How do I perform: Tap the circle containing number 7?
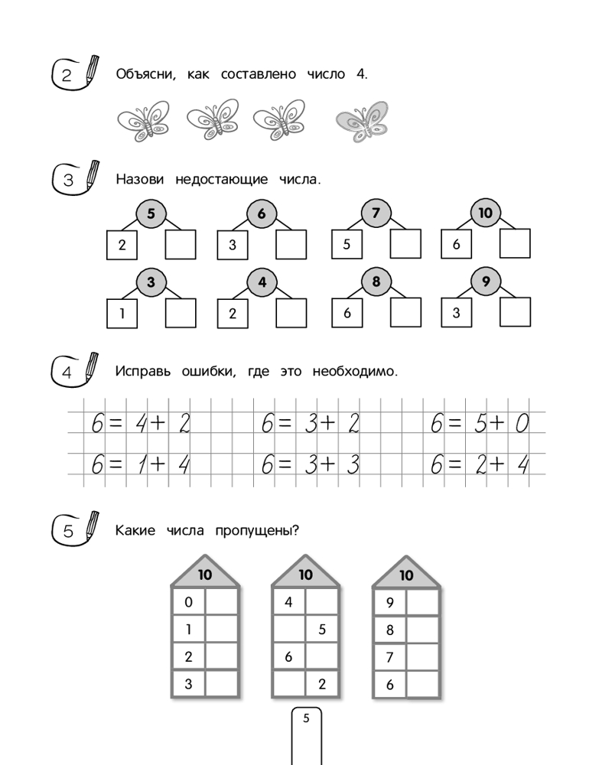click(x=376, y=213)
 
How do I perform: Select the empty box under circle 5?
click(x=181, y=245)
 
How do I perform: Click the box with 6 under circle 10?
click(x=456, y=245)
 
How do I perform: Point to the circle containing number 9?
click(x=486, y=282)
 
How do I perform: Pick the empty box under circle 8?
click(x=405, y=313)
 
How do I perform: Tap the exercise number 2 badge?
click(x=67, y=75)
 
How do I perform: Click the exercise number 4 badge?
click(x=67, y=373)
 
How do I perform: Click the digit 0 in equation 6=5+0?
click(x=522, y=423)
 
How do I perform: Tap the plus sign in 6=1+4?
click(x=158, y=464)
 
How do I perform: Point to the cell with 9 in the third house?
click(x=390, y=603)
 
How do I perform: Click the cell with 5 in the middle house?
click(x=322, y=630)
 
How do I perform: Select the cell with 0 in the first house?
click(x=188, y=603)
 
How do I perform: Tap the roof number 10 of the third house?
click(x=406, y=575)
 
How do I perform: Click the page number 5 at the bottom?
click(x=306, y=718)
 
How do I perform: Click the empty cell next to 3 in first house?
click(x=222, y=683)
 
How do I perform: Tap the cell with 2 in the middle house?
click(x=322, y=684)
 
